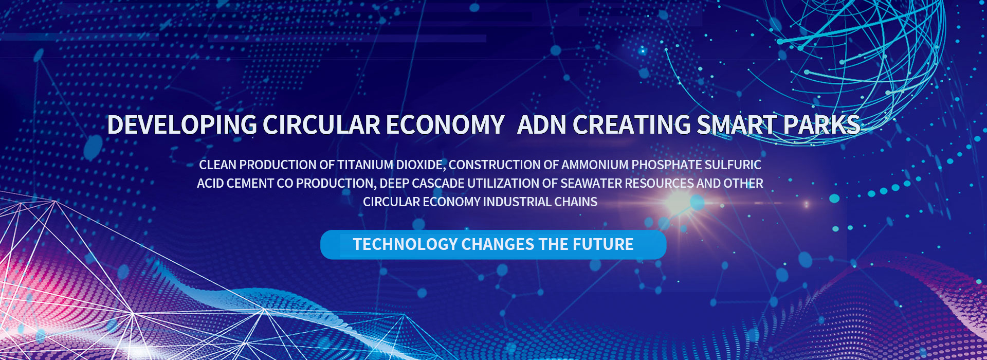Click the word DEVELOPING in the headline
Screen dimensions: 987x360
182,125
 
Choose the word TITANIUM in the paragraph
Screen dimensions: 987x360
365,165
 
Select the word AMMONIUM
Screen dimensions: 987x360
595,165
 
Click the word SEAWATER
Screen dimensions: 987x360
591,184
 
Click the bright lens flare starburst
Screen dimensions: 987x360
680,203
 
